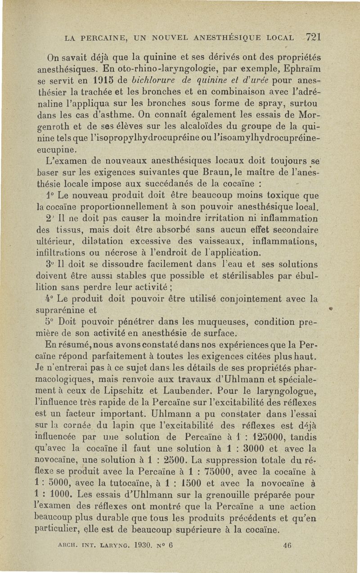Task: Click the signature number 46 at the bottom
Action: [288, 557]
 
